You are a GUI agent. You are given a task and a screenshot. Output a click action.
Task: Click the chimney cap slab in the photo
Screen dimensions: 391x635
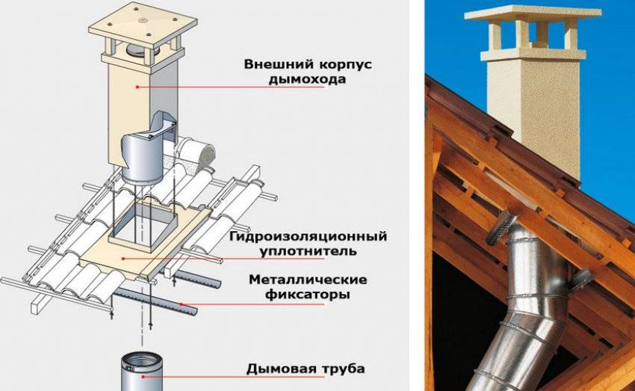pyautogui.click(x=531, y=14)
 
